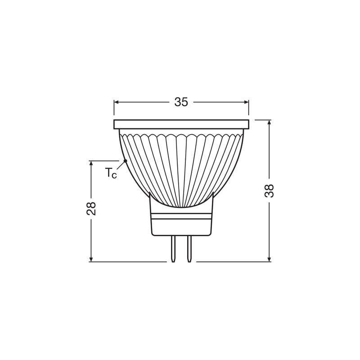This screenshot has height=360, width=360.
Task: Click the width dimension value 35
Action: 181,102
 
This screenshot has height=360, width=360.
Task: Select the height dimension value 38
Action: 269,191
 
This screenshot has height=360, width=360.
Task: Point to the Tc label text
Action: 111,173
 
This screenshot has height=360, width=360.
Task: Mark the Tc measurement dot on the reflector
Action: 125,161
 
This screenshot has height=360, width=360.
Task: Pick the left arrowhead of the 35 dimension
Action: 117,102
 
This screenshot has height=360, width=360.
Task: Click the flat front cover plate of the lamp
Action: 181,124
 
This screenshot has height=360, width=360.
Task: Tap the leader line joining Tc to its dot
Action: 121,165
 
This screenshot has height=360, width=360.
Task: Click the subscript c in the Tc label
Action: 114,175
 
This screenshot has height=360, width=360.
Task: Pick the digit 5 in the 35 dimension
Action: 184,102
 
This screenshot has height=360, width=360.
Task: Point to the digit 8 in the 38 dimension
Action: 269,187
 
